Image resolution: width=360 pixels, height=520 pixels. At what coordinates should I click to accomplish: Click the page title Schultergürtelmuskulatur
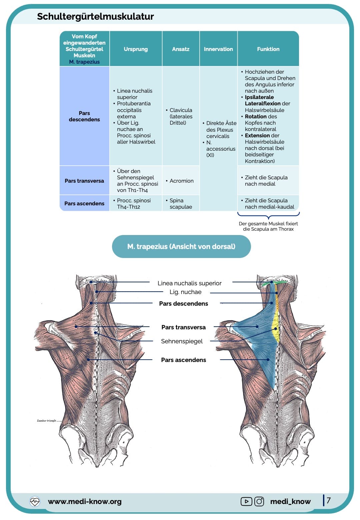(x=95, y=16)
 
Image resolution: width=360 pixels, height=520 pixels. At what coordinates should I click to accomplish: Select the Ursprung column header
(x=136, y=49)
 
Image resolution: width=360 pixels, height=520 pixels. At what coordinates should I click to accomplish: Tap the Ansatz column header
(x=181, y=49)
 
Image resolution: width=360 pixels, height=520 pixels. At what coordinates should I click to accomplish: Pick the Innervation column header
(x=218, y=49)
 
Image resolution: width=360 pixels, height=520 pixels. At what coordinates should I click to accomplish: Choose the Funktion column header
(x=268, y=49)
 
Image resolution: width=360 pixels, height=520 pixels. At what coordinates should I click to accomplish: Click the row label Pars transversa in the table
(x=84, y=181)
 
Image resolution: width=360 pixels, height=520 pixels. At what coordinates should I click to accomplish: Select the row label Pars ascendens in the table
(x=84, y=203)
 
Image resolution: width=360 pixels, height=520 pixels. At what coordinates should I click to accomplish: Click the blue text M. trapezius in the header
(x=84, y=62)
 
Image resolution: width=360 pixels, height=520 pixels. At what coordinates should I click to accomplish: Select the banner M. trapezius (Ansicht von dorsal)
(x=181, y=246)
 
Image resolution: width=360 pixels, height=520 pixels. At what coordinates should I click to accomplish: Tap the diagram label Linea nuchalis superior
(x=189, y=283)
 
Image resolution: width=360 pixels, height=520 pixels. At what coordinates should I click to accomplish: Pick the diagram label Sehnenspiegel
(x=182, y=341)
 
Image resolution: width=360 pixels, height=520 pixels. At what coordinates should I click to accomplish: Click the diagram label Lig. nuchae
(x=185, y=292)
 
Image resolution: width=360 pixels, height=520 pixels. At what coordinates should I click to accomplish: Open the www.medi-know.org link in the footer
(x=85, y=501)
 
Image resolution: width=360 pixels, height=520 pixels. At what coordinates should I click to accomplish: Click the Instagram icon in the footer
(x=259, y=501)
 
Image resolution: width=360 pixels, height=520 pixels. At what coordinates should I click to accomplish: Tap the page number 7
(x=329, y=500)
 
